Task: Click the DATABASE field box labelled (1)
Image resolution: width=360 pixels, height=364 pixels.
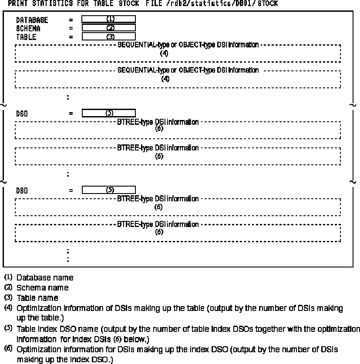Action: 108,19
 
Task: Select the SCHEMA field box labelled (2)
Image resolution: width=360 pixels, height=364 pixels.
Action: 108,28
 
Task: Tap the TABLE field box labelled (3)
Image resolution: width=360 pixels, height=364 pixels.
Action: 108,37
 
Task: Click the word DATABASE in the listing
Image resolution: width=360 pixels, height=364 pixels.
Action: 32,20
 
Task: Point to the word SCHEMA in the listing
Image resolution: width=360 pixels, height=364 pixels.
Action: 28,29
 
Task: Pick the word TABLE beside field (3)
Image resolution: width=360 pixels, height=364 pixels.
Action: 26,37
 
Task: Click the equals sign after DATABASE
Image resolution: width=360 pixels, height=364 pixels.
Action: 71,20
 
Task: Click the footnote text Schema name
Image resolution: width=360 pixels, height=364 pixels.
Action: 42,287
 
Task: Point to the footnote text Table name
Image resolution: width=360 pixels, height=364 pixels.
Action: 37,298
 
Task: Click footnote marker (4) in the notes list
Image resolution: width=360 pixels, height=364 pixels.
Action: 8,308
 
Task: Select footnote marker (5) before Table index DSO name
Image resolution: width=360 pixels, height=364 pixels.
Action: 8,328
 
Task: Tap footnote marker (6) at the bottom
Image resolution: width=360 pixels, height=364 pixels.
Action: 8,349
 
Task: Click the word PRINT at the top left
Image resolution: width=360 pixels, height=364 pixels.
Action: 17,3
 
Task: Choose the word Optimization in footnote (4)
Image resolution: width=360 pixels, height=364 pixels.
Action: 37,308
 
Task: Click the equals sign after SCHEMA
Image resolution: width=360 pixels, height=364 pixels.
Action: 71,29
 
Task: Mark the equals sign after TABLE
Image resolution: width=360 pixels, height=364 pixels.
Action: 71,37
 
